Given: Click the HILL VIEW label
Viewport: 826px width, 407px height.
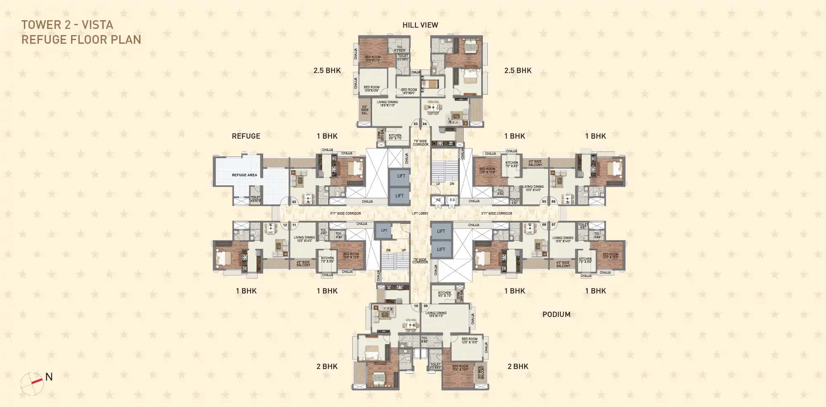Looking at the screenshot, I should pos(420,25).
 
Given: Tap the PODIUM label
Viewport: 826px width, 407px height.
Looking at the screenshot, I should pos(556,315).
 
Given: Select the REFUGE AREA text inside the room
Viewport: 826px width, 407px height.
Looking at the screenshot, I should pos(244,175).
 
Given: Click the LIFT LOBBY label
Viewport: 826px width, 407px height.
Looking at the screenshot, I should pos(420,213).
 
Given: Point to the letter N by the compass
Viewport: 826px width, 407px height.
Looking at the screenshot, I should pos(49,376).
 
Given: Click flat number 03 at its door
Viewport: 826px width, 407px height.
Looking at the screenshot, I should pos(415,124).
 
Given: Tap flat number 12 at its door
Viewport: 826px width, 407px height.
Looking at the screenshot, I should pos(285,225).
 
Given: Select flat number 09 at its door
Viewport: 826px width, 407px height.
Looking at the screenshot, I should pos(425,306).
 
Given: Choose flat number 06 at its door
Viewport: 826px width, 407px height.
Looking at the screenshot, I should pos(553,201).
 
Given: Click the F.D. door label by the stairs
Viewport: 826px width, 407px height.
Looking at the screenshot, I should pos(439,200).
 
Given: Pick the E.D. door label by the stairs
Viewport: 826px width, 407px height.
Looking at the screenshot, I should pos(452,200).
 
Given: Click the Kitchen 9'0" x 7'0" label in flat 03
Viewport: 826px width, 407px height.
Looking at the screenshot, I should pos(395,137).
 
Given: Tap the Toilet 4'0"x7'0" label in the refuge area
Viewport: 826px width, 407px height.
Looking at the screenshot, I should pos(256,199).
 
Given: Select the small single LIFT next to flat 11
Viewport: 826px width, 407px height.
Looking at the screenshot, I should pos(384,230).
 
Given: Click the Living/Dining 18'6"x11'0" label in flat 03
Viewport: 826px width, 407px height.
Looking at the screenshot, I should pos(387,104).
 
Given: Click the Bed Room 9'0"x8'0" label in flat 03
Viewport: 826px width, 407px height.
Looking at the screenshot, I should pos(409,91).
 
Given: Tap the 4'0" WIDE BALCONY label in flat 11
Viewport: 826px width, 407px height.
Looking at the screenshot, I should pos(303,263).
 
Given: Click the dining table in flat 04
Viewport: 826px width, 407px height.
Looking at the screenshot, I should pos(432,108).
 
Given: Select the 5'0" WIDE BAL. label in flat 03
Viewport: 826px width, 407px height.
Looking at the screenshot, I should pos(365,110).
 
